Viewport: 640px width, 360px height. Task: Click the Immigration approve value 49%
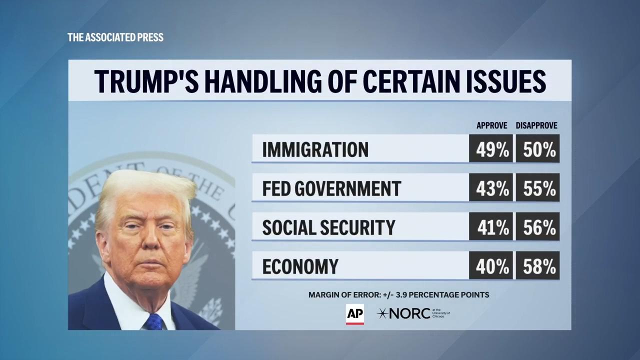coord(490,149)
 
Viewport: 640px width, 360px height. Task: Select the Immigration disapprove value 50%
coord(537,149)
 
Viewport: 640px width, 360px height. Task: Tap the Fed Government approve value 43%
coord(490,188)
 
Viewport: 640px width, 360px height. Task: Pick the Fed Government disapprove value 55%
coord(537,188)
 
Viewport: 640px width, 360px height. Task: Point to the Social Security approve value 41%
coord(490,227)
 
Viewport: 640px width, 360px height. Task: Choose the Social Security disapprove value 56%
coord(537,227)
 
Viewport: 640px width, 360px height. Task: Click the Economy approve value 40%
coord(490,266)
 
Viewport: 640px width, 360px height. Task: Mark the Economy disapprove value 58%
coord(537,266)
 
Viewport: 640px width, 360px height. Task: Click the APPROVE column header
coord(491,125)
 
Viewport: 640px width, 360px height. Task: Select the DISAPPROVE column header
coord(536,125)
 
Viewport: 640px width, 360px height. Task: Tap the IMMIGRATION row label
coord(315,149)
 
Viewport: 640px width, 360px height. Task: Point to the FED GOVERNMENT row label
coord(331,188)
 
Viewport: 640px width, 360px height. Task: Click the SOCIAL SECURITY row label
coord(328,227)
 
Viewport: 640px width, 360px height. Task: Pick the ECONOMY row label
coord(300,266)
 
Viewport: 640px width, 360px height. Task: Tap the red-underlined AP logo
coord(354,314)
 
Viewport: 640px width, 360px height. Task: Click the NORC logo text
coord(409,313)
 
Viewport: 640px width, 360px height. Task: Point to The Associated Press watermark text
coord(115,37)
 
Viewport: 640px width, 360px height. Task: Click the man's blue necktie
coord(154,322)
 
